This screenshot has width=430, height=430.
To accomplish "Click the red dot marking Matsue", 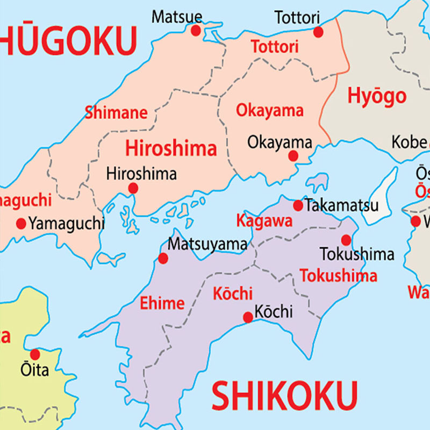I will pos(196,30).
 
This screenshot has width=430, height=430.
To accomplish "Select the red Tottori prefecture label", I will pos(274,47).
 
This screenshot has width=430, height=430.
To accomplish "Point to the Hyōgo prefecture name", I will pos(376,96).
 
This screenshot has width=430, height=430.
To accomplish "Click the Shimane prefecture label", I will pos(116,113).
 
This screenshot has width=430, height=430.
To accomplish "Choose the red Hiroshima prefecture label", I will pos(171,148).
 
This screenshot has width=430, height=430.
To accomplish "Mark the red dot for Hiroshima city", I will pos(133,188).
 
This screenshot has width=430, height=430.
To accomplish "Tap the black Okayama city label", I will pos(279,142).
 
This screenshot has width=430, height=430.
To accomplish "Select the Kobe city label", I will pos(408,142).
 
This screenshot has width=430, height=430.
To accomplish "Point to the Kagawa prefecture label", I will pos(264,221).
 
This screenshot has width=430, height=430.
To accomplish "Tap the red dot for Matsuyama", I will pos(163,259).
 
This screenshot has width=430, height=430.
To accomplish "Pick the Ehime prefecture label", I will pos(162,303).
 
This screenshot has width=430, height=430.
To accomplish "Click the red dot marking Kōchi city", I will pos(248,317).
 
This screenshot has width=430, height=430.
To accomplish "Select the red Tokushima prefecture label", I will pos(338,276).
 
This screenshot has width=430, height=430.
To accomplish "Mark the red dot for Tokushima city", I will pos(346,240).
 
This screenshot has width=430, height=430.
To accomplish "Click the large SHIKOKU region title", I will pos(284,397).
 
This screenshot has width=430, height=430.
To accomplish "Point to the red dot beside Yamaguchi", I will pos(21,223).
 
